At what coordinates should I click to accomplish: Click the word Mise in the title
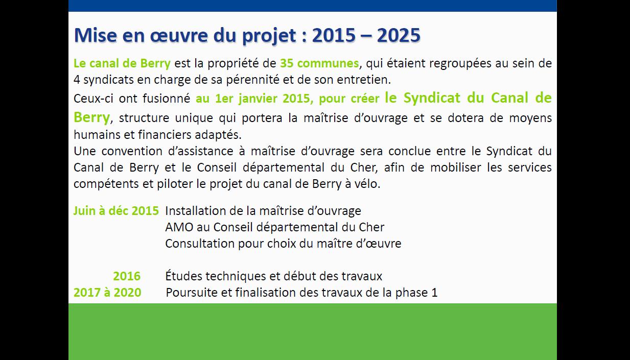[x=96, y=35]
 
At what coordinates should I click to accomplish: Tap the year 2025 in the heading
[x=399, y=35]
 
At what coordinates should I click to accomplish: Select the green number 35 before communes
[x=287, y=63]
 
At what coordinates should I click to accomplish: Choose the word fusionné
[x=166, y=99]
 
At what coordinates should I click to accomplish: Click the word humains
[x=97, y=135]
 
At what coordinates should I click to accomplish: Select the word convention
[x=132, y=151]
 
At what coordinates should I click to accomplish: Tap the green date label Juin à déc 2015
[x=116, y=211]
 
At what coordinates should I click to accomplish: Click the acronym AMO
[x=179, y=227]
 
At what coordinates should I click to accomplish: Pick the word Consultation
[x=200, y=244]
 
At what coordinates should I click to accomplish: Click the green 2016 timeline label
[x=127, y=276]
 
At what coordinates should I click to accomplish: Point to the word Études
[x=183, y=276]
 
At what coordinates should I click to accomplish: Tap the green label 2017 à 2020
[x=107, y=293]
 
